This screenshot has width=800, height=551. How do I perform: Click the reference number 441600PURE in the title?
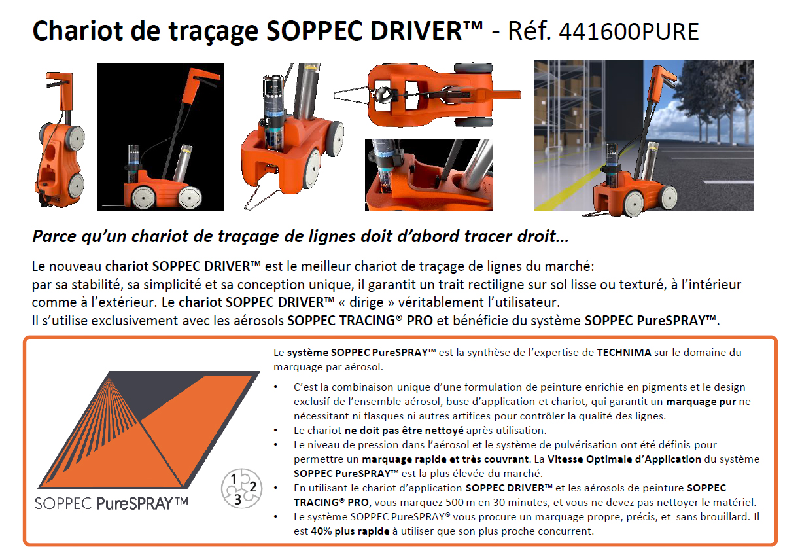coord(629,31)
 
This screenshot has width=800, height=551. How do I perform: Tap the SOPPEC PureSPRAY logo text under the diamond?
coord(112,503)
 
